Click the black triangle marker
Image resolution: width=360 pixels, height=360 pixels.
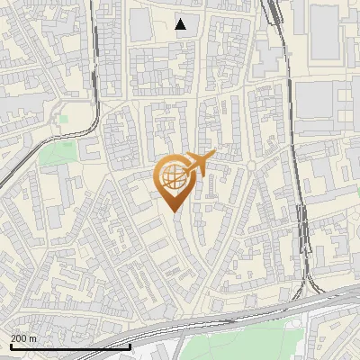click(181, 23)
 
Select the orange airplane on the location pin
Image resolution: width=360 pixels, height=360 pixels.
click(201, 163)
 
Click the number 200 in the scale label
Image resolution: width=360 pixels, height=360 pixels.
click(19, 338)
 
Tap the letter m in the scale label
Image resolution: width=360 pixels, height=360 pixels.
click(33, 338)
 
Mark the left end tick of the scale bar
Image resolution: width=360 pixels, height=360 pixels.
click(11, 346)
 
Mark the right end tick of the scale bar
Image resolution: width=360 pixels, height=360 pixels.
click(130, 346)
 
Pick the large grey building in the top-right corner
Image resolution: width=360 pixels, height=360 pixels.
click(333, 31)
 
